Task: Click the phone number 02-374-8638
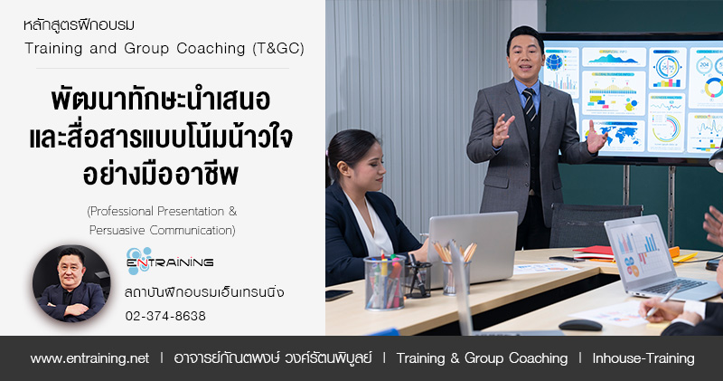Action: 165,316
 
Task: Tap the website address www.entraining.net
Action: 89,358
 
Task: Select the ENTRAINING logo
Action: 170,261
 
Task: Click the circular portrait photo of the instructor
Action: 71,283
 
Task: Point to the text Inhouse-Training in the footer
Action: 643,358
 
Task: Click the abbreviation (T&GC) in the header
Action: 278,49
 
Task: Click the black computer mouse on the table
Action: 580,325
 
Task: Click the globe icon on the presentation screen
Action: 554,62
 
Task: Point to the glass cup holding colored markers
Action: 385,282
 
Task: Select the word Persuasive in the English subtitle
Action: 117,230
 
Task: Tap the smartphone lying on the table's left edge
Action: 339,295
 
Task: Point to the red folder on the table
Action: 594,252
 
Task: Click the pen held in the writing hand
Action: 663,300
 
